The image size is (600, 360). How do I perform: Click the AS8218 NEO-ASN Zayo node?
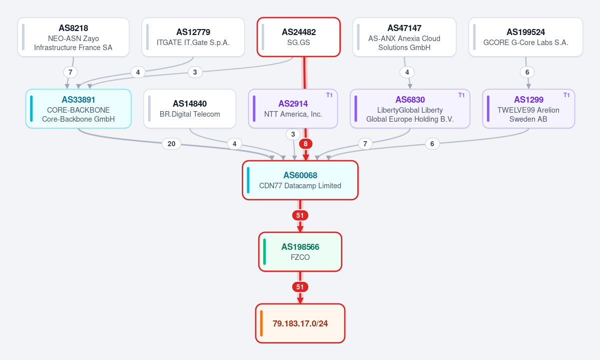coord(74,37)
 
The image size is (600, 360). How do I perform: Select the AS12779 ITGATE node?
coord(193,37)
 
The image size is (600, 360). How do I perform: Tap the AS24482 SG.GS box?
coord(298,37)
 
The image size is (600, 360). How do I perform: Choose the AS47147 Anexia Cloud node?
coord(404,37)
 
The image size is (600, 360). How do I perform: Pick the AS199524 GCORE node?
coord(526,37)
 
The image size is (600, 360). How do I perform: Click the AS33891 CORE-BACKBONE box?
coord(79,109)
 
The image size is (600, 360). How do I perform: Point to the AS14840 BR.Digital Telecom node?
coord(190,109)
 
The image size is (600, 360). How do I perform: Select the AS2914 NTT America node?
coord(293,109)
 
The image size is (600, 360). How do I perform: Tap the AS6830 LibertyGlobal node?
coord(410,109)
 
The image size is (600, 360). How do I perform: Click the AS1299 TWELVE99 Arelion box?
coord(528,109)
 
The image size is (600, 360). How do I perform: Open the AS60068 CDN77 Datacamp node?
coord(300,180)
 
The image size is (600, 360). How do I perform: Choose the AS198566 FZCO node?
coord(300,252)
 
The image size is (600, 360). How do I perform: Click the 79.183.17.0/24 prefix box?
coord(300,323)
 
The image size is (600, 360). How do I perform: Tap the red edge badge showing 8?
coord(305,144)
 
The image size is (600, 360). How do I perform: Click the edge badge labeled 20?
coord(172,144)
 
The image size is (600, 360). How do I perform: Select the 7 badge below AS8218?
coord(71,73)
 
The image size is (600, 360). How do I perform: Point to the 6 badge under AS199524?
coord(527,73)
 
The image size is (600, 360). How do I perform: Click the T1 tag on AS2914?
coord(329,95)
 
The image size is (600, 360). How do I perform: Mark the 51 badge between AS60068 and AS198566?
coord(300,216)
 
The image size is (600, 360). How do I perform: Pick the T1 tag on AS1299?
coord(566,95)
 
